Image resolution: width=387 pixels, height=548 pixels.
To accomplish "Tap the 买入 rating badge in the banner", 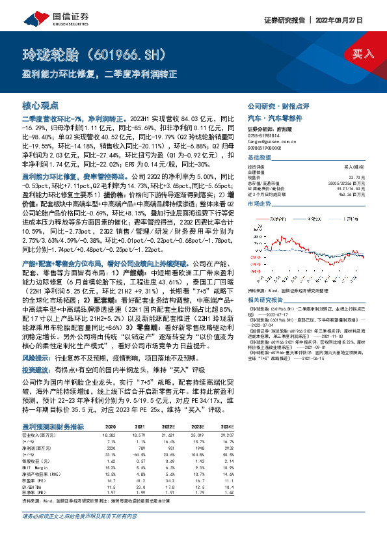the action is click(x=360, y=53).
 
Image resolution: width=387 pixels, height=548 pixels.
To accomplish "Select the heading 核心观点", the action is click(x=40, y=105).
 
